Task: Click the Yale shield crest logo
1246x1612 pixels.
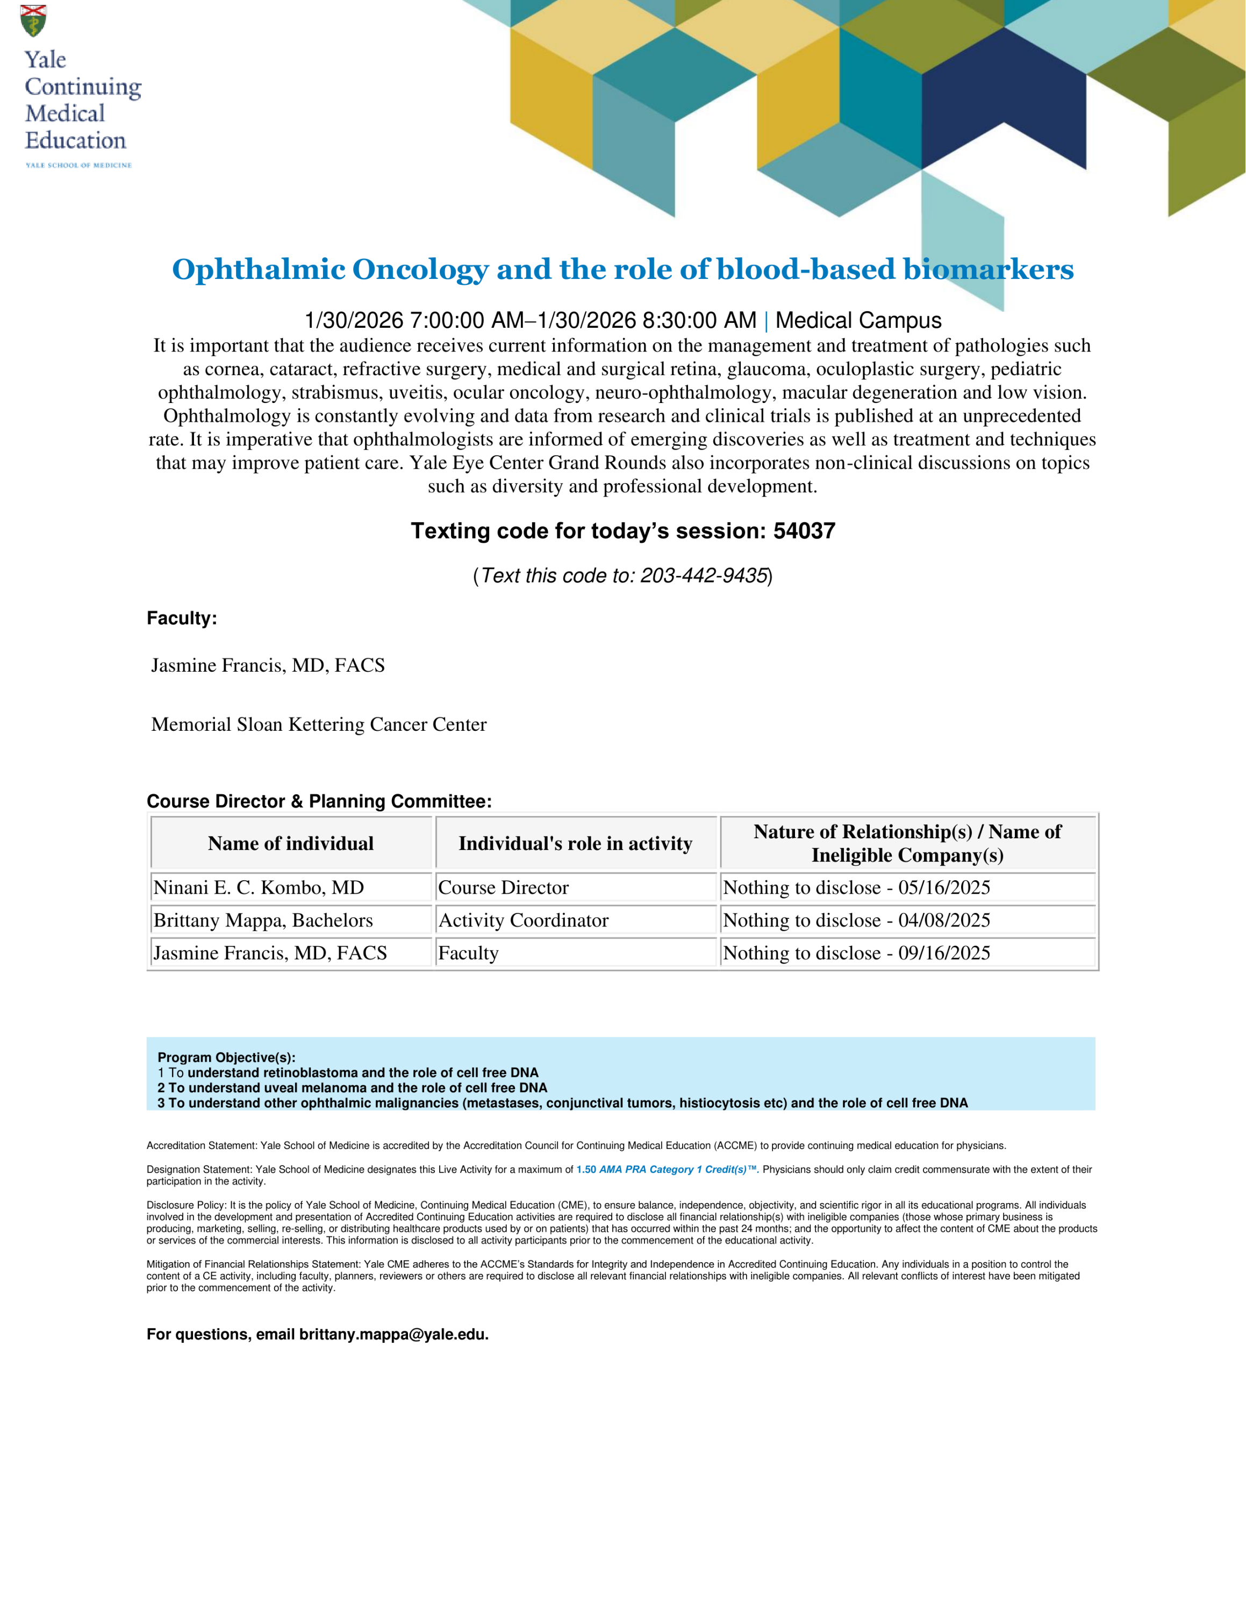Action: pos(33,20)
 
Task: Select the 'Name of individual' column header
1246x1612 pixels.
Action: pos(291,844)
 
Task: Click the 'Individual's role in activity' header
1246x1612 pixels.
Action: pos(575,844)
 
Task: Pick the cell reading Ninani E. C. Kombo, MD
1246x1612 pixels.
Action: pos(259,887)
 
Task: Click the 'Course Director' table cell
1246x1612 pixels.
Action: pos(504,887)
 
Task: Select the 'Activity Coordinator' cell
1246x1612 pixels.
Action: pos(524,920)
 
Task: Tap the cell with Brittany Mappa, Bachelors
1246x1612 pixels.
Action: pos(263,920)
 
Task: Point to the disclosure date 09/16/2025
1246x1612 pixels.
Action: pos(944,953)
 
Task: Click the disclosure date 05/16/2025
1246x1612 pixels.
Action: pos(944,887)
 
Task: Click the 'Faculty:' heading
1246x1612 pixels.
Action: pos(182,618)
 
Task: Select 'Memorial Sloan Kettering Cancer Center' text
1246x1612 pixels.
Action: pos(319,725)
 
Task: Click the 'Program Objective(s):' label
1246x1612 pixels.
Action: pos(226,1057)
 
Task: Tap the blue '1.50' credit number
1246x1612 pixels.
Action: pos(586,1170)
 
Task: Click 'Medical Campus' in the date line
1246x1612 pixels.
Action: pos(858,320)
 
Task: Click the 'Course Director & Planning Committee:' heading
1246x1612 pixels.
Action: pos(319,802)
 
